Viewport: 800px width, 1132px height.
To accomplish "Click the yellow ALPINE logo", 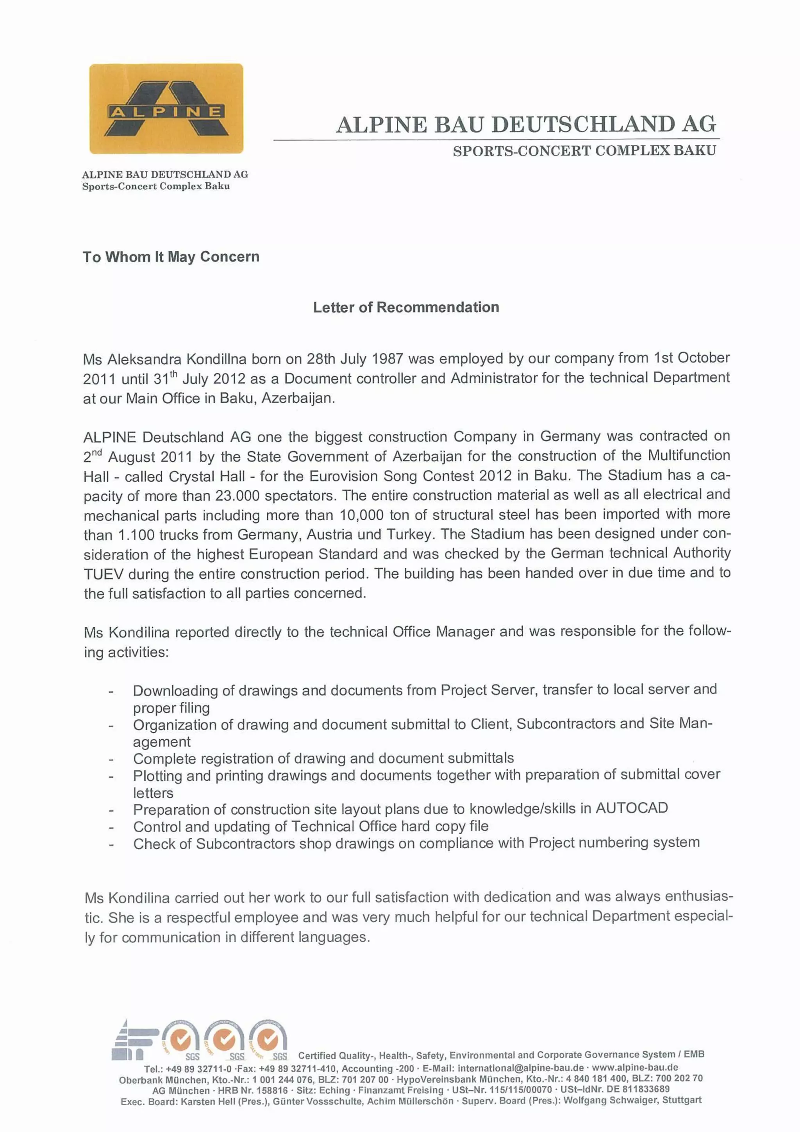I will point(166,109).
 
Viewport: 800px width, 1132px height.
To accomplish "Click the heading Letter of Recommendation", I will point(406,307).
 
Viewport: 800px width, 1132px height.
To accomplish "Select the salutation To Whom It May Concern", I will point(171,257).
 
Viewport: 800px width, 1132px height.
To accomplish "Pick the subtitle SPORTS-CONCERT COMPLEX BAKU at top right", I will point(584,151).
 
